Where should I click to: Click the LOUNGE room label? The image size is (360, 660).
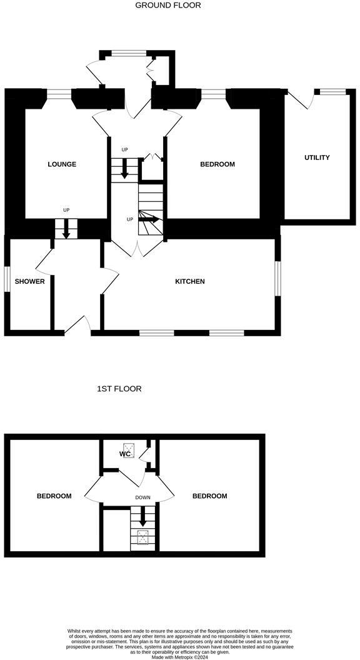tap(62, 164)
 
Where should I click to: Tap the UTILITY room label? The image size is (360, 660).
tap(317, 157)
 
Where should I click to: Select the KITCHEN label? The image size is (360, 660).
tap(189, 281)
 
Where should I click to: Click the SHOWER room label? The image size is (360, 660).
tap(30, 281)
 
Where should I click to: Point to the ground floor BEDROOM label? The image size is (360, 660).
tap(217, 164)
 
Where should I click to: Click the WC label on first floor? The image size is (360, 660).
tap(124, 454)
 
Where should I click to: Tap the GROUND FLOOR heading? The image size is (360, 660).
tap(168, 5)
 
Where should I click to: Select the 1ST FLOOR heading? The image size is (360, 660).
tap(119, 389)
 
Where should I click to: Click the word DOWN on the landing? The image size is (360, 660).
tap(143, 498)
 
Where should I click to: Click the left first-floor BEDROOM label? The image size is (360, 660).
tap(54, 496)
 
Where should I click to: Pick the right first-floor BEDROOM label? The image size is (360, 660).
tap(209, 496)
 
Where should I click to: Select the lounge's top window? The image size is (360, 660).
tap(59, 94)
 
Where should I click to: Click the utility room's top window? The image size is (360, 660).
tap(332, 92)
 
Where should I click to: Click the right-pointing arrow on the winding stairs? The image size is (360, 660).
tap(151, 219)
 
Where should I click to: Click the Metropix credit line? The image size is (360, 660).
tap(180, 656)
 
